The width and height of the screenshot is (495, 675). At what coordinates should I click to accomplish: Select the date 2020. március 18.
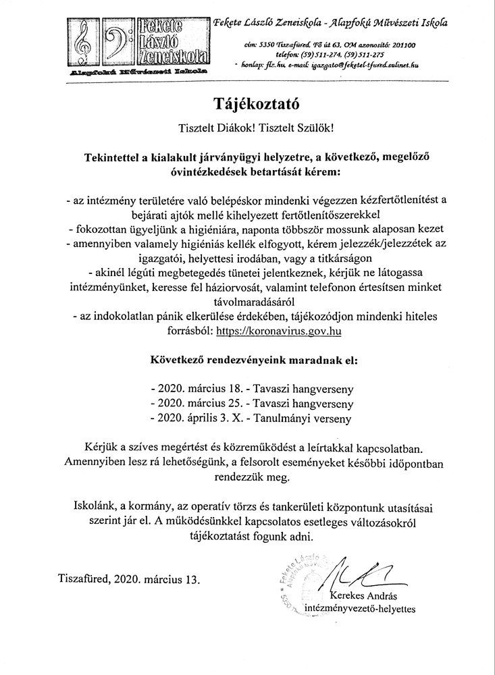pyautogui.click(x=199, y=389)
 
